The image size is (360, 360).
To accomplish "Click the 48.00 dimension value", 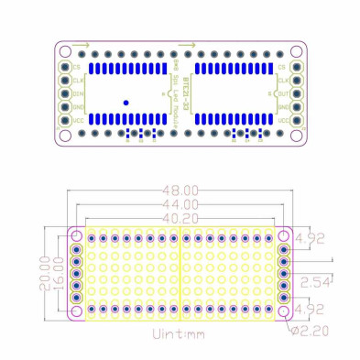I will point(180,190).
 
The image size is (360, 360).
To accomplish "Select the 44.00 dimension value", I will point(180,203).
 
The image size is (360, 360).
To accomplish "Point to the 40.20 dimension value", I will point(180,216).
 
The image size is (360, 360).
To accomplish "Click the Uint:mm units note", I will point(180,335).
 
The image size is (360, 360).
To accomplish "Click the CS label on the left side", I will point(77,67).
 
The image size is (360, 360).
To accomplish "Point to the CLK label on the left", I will point(78,80).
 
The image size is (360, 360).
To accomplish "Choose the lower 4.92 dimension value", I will point(313,308).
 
